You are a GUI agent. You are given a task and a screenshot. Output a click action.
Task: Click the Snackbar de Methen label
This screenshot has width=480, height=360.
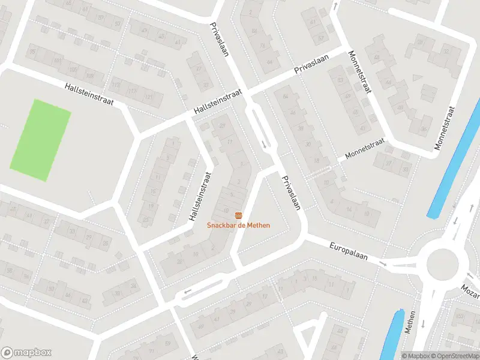239,225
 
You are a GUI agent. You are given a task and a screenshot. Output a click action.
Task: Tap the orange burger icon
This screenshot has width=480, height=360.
239,215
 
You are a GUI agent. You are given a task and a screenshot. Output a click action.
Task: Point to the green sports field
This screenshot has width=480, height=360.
40,140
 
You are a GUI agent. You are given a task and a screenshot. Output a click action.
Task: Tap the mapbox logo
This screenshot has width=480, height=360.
26,352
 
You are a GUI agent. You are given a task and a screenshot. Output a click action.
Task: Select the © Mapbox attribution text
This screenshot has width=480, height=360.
415,356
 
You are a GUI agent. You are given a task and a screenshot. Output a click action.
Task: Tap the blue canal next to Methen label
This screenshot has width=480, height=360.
392,336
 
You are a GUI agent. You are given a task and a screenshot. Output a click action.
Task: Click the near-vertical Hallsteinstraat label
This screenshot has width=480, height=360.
200,197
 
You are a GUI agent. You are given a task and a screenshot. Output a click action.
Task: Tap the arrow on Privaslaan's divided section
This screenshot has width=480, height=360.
265,144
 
